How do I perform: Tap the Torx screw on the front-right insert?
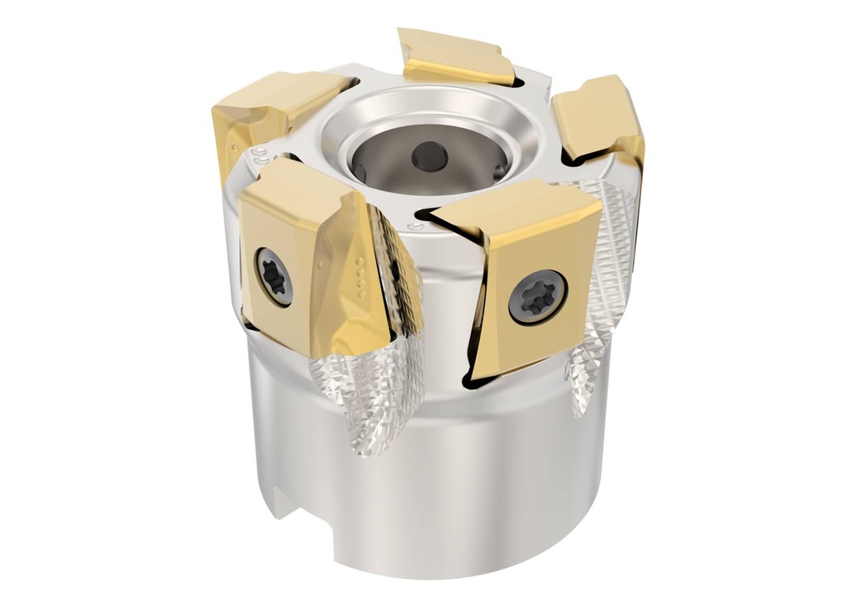(538, 297)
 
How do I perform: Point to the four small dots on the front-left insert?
(359, 276)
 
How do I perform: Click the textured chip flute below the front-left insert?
(368, 393)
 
